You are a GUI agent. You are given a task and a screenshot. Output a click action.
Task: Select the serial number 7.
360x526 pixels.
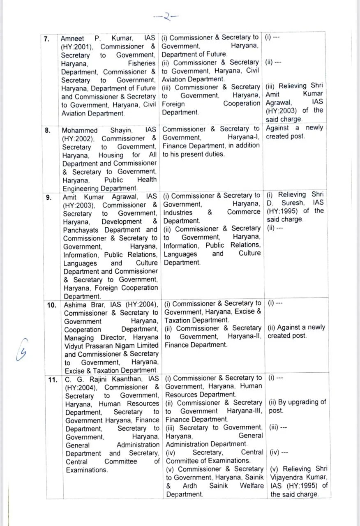coord(48,39)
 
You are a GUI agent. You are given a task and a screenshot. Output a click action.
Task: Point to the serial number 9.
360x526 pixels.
coord(49,197)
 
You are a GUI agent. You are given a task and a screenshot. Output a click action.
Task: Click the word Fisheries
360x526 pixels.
coord(141,64)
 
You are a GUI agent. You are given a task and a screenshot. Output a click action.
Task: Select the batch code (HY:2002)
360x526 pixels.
coord(80,139)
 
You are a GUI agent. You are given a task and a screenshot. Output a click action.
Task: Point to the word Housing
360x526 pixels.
coord(111,155)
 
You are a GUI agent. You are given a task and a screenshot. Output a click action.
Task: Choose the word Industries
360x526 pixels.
coord(178,212)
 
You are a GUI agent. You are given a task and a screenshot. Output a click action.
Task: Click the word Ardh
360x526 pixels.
coord(190,486)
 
